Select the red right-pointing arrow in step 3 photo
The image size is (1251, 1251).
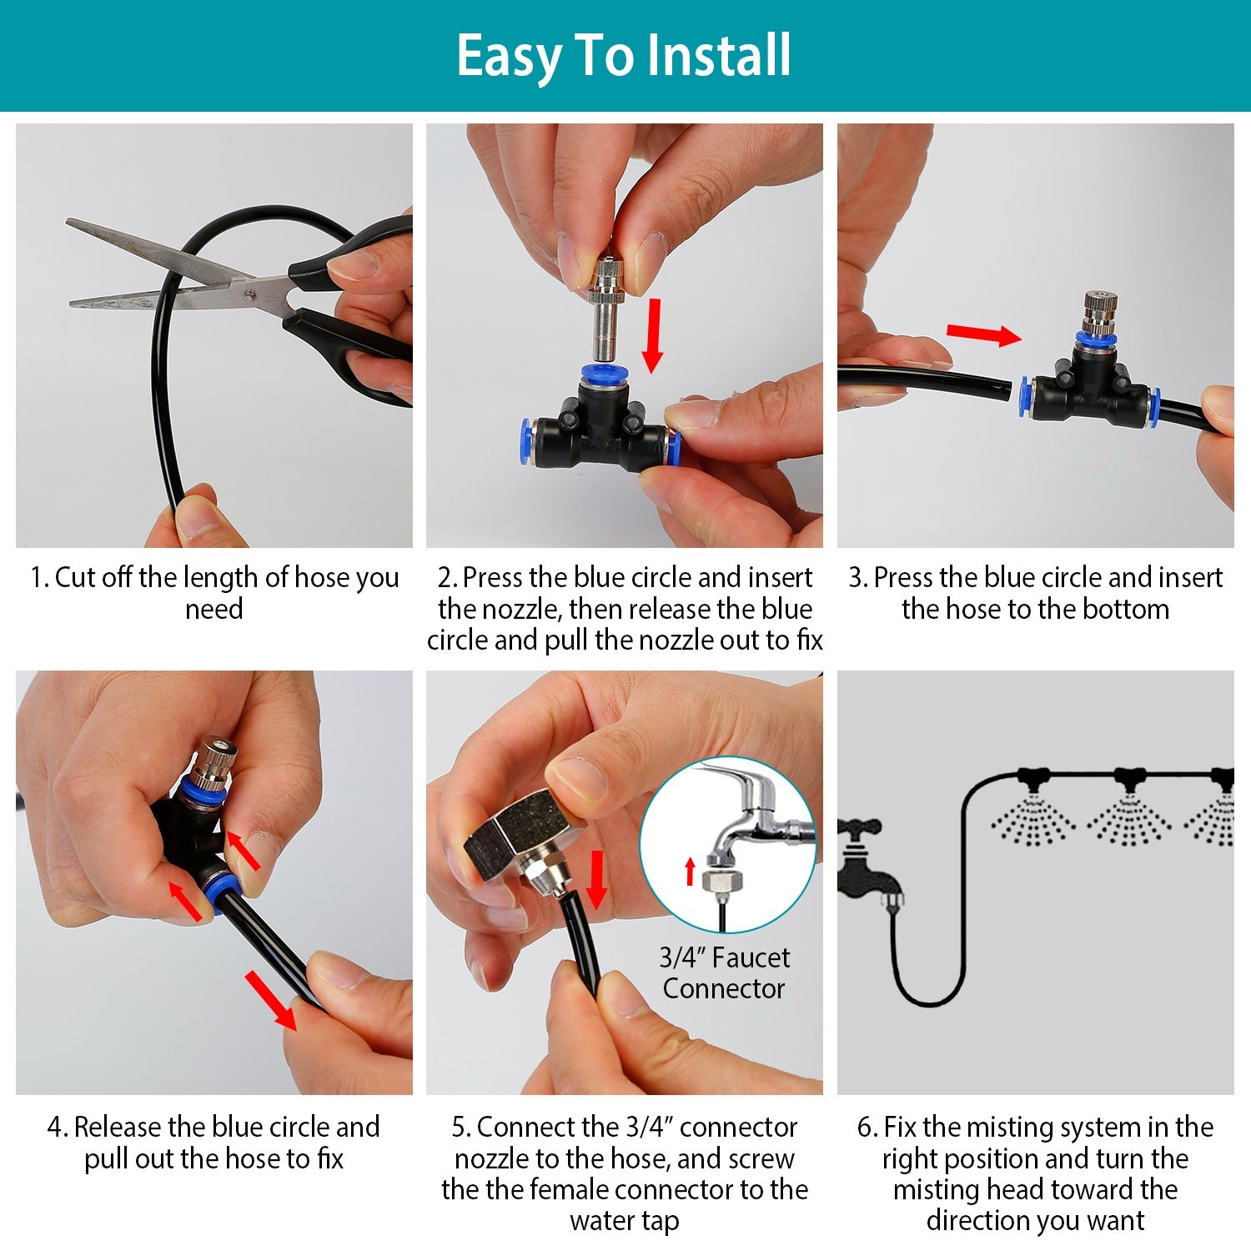coord(983,334)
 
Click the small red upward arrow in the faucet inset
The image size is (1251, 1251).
coord(690,871)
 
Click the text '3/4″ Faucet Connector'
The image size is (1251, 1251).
coord(724,972)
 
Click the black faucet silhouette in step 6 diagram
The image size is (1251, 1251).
coord(867,863)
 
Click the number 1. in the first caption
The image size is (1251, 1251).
coord(39,577)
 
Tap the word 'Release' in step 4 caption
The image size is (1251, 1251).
coord(118,1127)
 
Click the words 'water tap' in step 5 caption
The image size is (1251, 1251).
coord(625,1221)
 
